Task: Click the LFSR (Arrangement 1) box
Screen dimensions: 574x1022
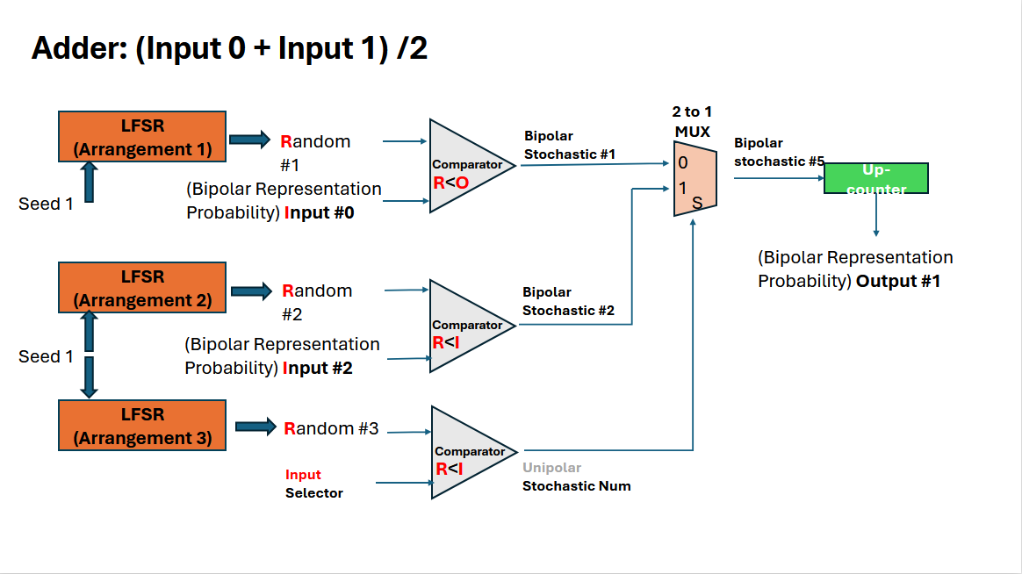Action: [142, 136]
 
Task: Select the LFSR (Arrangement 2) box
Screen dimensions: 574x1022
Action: [142, 287]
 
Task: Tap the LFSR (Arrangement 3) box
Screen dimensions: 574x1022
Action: [142, 426]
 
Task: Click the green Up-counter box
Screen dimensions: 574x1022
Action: [875, 178]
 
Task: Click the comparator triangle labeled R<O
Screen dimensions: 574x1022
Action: [465, 166]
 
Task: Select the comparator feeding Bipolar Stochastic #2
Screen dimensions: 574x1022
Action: [465, 326]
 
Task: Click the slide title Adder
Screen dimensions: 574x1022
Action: [229, 48]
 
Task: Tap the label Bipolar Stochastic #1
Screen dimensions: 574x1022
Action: [569, 146]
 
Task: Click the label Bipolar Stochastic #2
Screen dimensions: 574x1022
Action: [568, 301]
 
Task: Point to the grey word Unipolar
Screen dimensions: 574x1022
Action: [551, 468]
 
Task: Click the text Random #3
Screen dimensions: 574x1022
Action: [331, 428]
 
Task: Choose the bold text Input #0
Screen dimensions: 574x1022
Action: [319, 212]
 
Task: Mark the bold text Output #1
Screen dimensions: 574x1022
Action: [898, 281]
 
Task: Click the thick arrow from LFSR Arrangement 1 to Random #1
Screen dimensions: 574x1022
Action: [250, 139]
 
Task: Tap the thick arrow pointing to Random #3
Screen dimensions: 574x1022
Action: [255, 427]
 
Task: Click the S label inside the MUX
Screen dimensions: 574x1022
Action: [697, 204]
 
